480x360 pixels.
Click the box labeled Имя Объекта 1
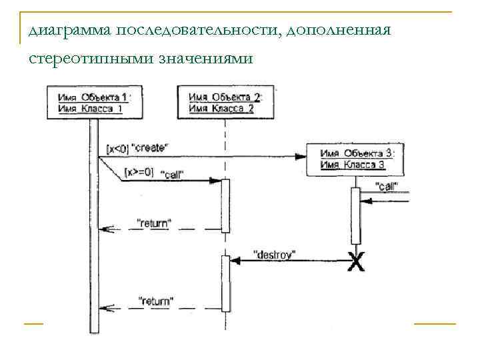[x=94, y=102]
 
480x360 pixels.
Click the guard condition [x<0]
[x=117, y=147]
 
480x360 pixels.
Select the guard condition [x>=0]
[x=139, y=172]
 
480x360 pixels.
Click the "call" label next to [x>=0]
[x=173, y=175]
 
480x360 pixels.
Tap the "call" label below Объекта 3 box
[x=387, y=186]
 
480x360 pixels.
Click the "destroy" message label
[x=275, y=253]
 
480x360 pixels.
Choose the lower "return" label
[x=155, y=301]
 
